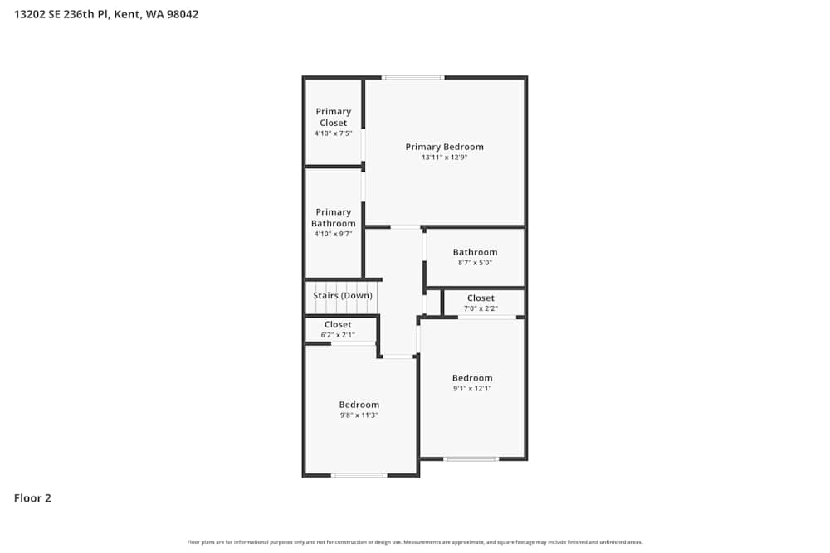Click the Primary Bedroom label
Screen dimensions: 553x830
444,147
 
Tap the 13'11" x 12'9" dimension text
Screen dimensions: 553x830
444,158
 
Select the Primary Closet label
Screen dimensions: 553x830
334,117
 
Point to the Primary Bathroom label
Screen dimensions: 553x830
334,217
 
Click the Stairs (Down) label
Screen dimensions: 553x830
342,295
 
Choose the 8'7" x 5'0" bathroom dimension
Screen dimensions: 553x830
475,263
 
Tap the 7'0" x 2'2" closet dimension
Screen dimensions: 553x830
481,308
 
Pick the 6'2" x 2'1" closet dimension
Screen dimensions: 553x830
338,335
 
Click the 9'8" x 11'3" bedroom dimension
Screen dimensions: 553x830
359,415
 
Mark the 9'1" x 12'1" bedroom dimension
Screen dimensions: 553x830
472,389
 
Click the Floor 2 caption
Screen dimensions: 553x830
32,498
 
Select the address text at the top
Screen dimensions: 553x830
106,14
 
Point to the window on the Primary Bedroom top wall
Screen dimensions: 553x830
413,78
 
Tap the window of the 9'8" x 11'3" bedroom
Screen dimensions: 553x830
359,475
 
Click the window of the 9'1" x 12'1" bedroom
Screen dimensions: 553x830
471,458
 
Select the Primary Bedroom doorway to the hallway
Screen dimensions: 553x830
405,227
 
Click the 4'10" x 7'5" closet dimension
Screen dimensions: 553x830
334,133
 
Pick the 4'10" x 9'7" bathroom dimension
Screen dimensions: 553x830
334,234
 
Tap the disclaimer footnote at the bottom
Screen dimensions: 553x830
415,542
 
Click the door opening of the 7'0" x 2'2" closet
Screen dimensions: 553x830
486,318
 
